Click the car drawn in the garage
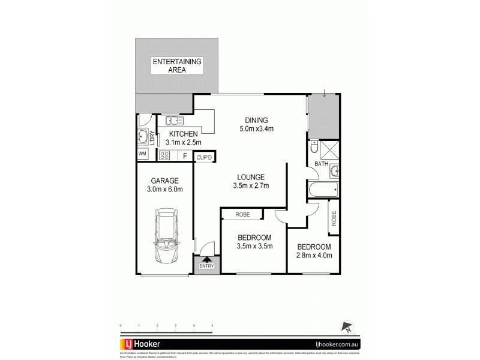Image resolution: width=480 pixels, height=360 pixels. pyautogui.click(x=164, y=236)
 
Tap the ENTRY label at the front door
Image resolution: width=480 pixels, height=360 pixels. pyautogui.click(x=206, y=266)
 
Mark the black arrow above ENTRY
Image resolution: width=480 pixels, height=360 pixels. pyautogui.click(x=206, y=259)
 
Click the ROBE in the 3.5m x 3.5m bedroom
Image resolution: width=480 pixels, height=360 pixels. pyautogui.click(x=242, y=214)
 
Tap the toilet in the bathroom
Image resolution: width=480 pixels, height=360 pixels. pyautogui.click(x=315, y=148)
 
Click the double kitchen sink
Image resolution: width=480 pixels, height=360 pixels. pyautogui.click(x=175, y=119)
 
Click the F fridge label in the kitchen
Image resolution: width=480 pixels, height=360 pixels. pyautogui.click(x=185, y=156)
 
